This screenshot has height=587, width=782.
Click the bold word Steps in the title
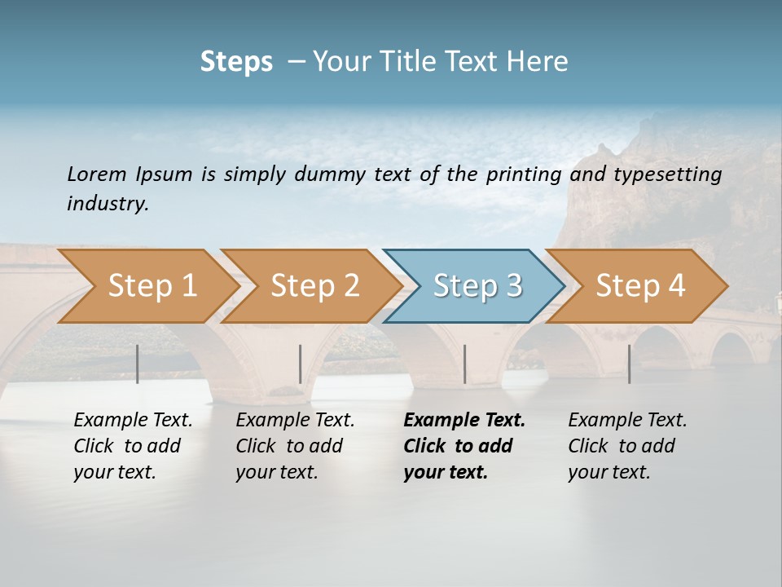tap(236, 62)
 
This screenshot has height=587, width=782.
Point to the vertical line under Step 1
tap(137, 364)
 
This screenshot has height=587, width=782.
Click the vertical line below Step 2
tap(301, 364)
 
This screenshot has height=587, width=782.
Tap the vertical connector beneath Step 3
tap(464, 364)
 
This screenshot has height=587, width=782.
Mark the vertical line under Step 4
tap(629, 364)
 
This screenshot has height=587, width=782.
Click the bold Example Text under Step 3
tap(464, 421)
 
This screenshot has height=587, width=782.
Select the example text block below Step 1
tap(133, 446)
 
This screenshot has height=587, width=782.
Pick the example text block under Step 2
tap(295, 446)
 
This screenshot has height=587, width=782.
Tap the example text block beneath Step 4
tap(627, 446)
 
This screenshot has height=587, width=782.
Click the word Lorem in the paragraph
tap(97, 174)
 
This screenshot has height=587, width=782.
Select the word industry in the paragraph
tap(107, 204)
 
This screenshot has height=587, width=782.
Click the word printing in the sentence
tap(525, 174)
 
